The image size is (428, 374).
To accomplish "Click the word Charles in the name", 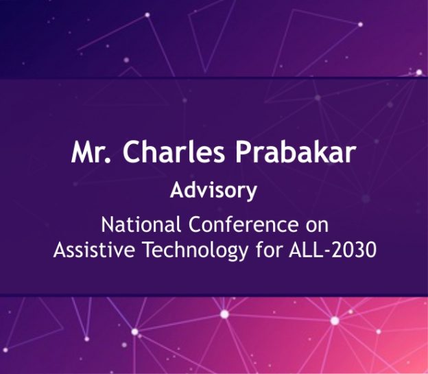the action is pos(174,152).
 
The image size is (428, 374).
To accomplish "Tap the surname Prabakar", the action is pos(296,152).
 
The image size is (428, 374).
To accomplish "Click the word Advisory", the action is pos(213,191).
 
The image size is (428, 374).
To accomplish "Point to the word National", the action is pos(141,224).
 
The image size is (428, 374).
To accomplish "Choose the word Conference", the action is pos(243,224).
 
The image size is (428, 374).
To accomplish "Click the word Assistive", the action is pos(94,250).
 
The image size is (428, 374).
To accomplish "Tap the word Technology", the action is pos(195,250).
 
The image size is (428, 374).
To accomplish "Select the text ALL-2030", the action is pos(333,250).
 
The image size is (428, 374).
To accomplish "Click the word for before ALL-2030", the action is pos(268,249).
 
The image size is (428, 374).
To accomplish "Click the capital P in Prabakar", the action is pos(243,152).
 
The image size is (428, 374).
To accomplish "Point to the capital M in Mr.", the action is pos(82,152).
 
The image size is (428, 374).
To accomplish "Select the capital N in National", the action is pos(108,224).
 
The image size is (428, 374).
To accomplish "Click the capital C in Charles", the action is pos(132,152).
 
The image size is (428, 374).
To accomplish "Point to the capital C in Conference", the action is pos(195,224).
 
